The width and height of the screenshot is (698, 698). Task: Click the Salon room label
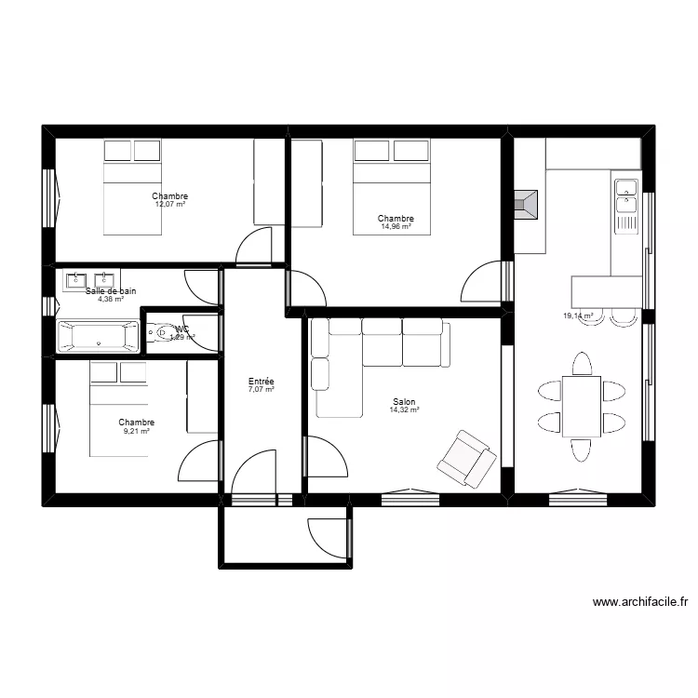(x=404, y=402)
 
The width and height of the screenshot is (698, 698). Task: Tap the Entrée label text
(x=261, y=382)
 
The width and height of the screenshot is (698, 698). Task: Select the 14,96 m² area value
(x=396, y=226)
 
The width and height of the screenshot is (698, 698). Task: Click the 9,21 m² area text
(x=135, y=431)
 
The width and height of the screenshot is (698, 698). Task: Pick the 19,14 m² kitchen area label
(x=577, y=315)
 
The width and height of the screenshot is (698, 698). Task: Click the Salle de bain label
(x=111, y=291)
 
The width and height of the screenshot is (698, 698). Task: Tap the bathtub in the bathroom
(x=97, y=336)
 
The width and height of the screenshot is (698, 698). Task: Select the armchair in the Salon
(x=466, y=459)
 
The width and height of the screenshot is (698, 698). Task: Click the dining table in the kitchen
(x=582, y=407)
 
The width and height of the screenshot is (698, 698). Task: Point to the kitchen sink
(x=625, y=206)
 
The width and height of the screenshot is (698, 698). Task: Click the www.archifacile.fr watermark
(x=640, y=602)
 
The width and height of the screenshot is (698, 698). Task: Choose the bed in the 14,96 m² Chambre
(x=391, y=186)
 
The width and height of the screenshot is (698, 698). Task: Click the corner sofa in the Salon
(x=372, y=354)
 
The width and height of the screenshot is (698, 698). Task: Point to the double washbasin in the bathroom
(x=89, y=278)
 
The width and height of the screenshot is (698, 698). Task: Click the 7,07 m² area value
(x=261, y=390)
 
